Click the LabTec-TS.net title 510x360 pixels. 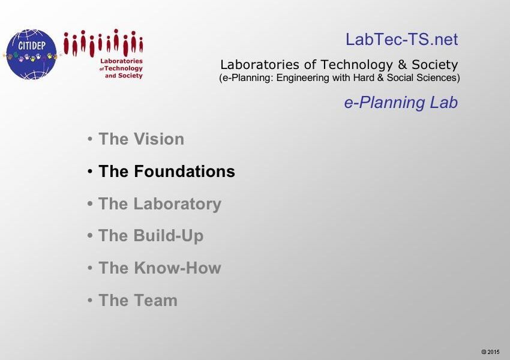tap(401, 40)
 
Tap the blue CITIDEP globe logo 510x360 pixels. tap(31, 54)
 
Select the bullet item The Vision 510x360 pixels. tap(141, 139)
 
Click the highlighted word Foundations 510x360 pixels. tap(184, 171)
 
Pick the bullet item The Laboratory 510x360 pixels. tap(160, 204)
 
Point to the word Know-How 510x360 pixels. tap(177, 268)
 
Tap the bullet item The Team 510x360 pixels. tap(138, 300)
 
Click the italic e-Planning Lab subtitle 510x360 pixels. tap(401, 103)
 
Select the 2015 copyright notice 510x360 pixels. tap(490, 352)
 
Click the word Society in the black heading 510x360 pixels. tap(435, 65)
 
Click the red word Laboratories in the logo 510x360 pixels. tap(121, 61)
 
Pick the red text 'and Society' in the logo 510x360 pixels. tap(124, 76)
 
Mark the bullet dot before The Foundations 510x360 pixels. tap(90, 172)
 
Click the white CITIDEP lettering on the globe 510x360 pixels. tap(32, 46)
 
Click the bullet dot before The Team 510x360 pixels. tap(90, 300)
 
